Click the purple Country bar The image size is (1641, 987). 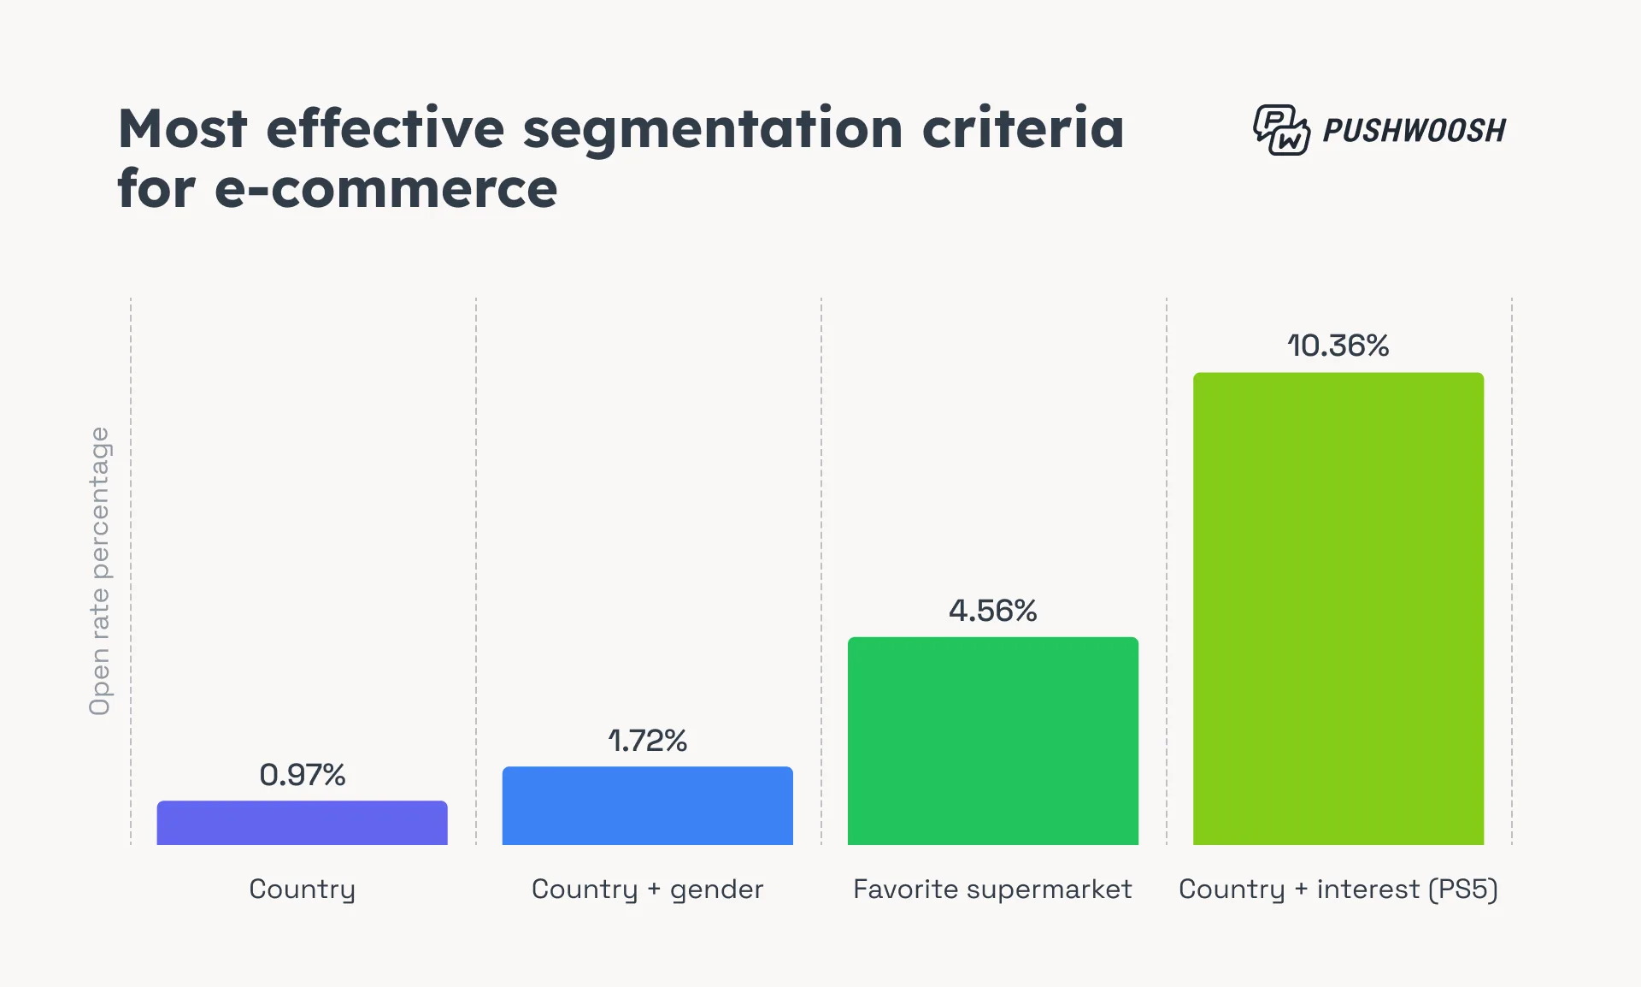(302, 823)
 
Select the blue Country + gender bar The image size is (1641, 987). (647, 806)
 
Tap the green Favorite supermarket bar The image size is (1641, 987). (992, 741)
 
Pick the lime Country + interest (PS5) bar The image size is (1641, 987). (1338, 608)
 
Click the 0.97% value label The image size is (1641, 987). (302, 775)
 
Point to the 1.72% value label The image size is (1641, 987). (647, 741)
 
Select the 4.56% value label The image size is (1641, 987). (992, 611)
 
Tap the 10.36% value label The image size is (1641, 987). (1338, 346)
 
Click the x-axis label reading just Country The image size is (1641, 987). (302, 889)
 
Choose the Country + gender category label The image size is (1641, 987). (647, 889)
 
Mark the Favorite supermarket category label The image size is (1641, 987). (992, 889)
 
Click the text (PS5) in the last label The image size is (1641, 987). (1462, 889)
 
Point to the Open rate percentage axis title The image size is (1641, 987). (100, 570)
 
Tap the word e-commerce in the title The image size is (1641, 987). (385, 189)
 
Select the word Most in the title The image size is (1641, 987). (182, 129)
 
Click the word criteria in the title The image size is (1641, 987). (1023, 129)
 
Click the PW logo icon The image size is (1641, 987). (1280, 130)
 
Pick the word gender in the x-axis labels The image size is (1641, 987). (716, 890)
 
